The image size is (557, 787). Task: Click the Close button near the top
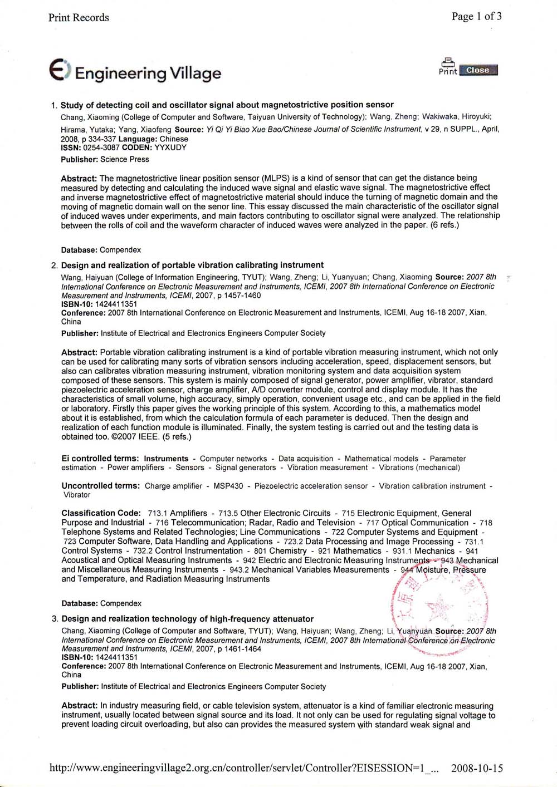[478, 70]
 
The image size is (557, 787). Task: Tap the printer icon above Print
[448, 62]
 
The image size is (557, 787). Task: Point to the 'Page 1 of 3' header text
[476, 16]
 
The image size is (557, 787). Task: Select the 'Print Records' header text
[79, 18]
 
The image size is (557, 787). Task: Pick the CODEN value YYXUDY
[170, 147]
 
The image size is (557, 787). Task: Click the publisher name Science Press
[125, 159]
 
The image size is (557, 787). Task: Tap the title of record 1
[227, 105]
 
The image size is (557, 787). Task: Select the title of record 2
[192, 265]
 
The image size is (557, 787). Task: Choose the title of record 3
[187, 618]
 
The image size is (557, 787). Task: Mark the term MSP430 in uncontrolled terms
[228, 486]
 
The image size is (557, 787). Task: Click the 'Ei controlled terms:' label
[100, 459]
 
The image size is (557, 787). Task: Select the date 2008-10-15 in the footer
[477, 768]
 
